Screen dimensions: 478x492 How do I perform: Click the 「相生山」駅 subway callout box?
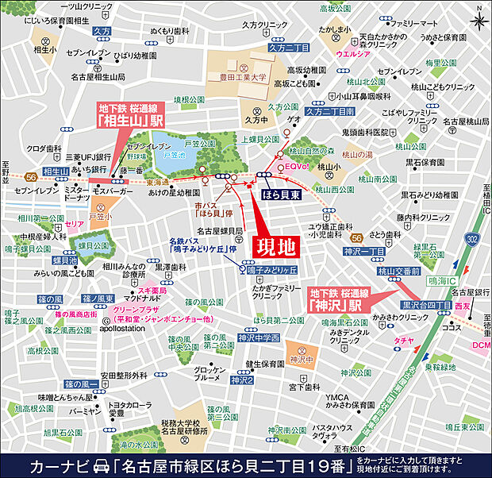pyautogui.click(x=120, y=116)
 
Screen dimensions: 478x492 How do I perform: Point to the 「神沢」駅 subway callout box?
pyautogui.click(x=335, y=298)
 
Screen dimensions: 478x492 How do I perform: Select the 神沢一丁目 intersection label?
pyautogui.click(x=364, y=252)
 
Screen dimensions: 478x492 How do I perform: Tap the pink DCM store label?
pyautogui.click(x=481, y=345)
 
